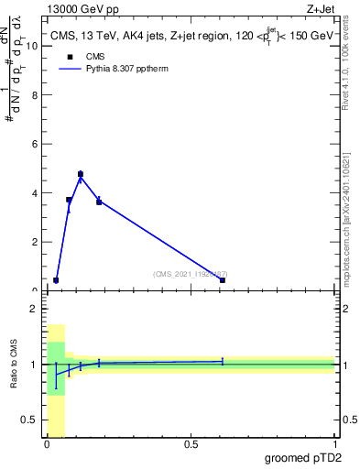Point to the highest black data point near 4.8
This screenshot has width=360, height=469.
tap(81, 174)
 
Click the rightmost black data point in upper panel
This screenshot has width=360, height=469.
tap(222, 280)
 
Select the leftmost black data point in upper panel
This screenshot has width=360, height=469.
tap(56, 280)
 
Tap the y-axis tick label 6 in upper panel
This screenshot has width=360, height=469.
tap(35, 144)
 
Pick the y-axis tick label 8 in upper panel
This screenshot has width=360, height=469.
tap(35, 94)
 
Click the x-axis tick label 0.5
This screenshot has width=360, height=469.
tap(191, 444)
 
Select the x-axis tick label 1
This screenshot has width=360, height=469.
tap(334, 444)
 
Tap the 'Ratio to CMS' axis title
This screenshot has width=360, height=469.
tap(16, 364)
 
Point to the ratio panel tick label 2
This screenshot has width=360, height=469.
tap(35, 309)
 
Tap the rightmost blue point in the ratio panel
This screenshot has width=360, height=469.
tap(222, 362)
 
